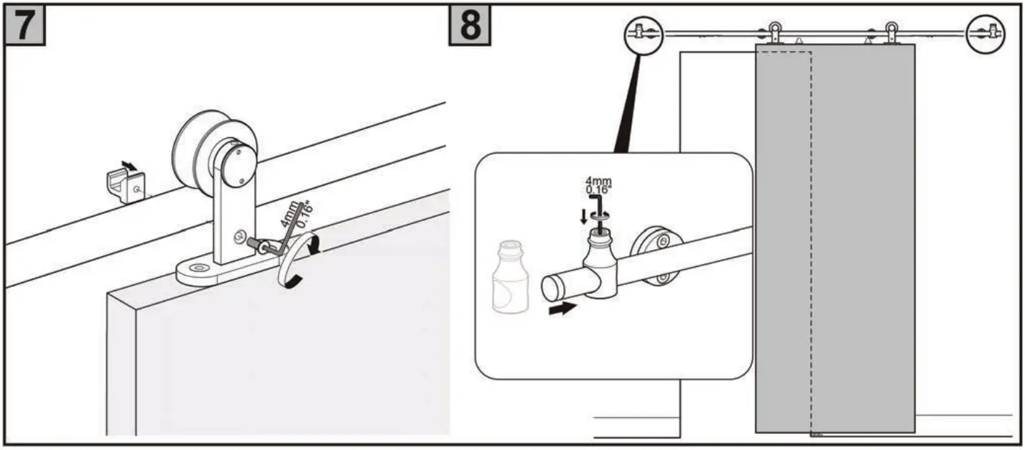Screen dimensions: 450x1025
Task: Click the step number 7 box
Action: coord(25,27)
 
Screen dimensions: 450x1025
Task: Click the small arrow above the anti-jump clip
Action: coord(128,166)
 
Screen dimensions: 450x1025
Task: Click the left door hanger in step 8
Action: coord(776,33)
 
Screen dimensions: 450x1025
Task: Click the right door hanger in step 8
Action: coord(892,33)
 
